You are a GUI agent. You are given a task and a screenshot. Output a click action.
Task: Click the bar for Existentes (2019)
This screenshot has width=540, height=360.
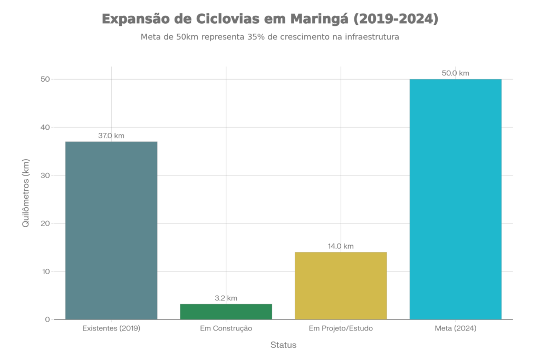click(111, 230)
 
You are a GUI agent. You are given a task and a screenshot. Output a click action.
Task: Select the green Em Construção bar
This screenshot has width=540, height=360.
click(226, 311)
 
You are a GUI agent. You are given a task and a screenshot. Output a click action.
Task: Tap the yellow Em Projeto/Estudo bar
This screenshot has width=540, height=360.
click(341, 285)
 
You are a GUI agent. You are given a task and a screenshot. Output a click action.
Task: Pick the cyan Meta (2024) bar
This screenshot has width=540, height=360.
click(456, 199)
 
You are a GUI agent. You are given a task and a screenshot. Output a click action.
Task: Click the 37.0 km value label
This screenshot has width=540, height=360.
click(111, 135)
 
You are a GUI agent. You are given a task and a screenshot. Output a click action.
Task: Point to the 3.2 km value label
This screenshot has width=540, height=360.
click(226, 298)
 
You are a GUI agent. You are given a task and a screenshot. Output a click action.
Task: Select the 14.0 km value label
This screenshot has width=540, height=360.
click(341, 246)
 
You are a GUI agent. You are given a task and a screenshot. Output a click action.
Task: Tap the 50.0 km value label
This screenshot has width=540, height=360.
click(456, 73)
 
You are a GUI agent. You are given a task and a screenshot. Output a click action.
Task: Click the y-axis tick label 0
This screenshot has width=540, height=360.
click(47, 319)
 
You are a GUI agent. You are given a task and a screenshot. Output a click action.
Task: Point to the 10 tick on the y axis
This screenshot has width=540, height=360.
click(46, 271)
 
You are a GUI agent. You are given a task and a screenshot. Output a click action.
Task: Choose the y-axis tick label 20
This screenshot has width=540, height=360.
click(46, 223)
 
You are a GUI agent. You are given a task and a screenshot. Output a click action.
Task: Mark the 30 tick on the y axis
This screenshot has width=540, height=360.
click(46, 176)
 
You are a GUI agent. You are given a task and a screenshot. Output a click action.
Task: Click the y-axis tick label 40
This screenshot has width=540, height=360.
click(46, 128)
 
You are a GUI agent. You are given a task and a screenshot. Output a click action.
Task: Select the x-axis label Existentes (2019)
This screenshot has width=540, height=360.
click(111, 328)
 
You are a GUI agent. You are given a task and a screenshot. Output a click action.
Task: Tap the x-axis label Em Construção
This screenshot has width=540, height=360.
click(226, 328)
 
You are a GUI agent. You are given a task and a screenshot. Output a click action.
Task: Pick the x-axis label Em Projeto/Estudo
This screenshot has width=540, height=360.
click(341, 328)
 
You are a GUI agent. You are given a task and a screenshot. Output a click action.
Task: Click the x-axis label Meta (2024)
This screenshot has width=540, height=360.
click(456, 328)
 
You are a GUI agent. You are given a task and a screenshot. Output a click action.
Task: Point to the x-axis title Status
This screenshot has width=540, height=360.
click(283, 345)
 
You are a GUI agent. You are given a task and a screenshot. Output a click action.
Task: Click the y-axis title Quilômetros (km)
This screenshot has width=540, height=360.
click(25, 193)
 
